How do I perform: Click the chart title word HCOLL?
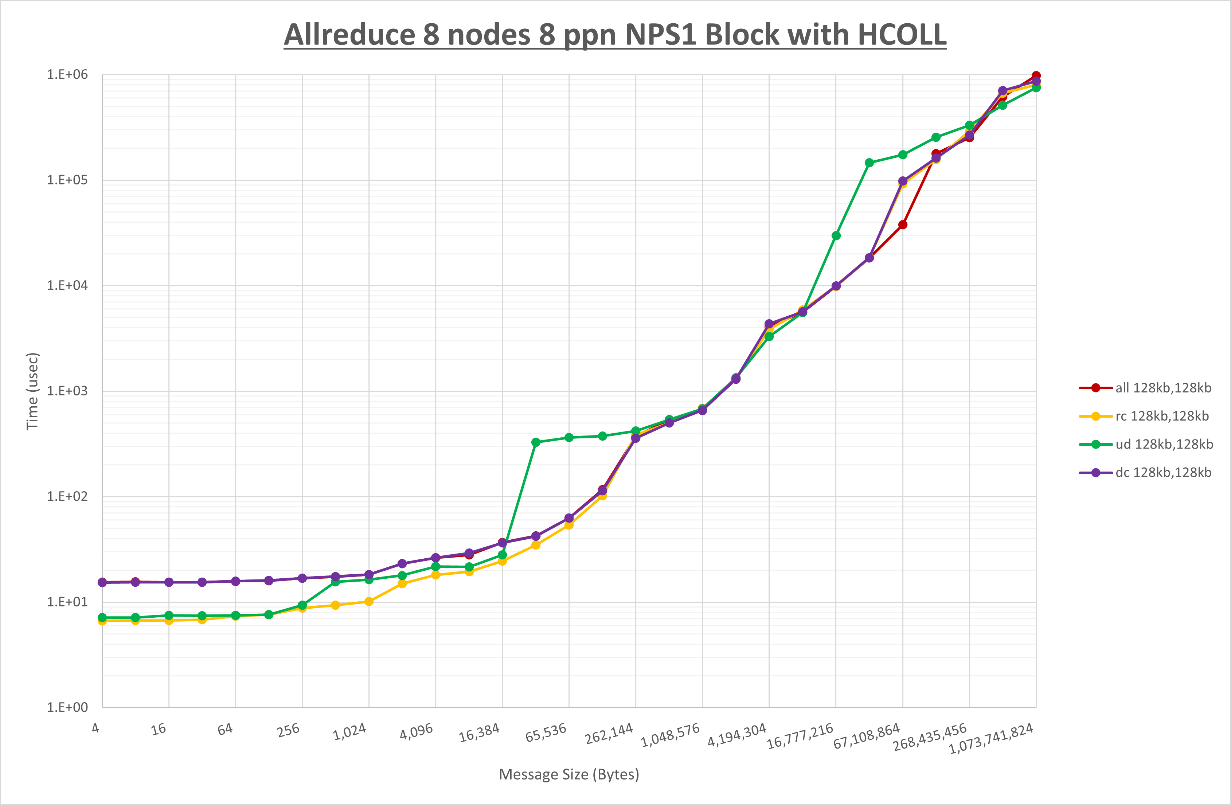click(x=902, y=35)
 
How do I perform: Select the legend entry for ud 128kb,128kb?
click(x=1164, y=444)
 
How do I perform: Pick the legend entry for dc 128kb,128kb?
click(x=1163, y=472)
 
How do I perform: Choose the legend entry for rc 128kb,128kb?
click(x=1162, y=416)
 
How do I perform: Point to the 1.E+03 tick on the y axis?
click(x=67, y=391)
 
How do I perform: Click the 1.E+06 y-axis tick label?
click(x=67, y=74)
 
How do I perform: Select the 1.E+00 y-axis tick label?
click(x=67, y=707)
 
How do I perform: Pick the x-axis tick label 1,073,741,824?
click(x=991, y=739)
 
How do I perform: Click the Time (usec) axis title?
click(x=32, y=391)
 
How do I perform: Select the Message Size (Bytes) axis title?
click(x=569, y=774)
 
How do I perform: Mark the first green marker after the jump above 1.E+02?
click(x=536, y=442)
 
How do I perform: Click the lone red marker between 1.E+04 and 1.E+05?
click(x=903, y=224)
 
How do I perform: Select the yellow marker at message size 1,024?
click(x=369, y=602)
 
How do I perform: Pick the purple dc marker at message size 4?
click(x=102, y=583)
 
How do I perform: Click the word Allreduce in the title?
click(x=349, y=35)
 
